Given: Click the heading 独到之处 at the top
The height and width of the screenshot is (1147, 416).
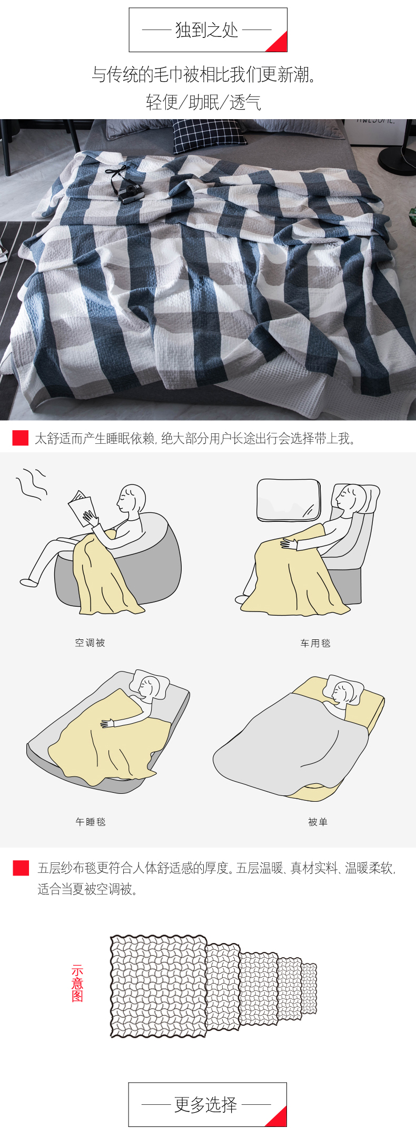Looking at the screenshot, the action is [207, 30].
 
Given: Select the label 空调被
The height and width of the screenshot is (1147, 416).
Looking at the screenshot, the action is [90, 643].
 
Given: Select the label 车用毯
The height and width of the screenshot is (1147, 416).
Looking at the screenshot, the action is [315, 643].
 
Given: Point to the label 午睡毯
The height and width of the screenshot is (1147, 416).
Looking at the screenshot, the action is [91, 822].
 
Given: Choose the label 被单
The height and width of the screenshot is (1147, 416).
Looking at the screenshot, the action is [318, 822].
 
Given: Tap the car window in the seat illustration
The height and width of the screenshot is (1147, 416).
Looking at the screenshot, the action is [288, 500].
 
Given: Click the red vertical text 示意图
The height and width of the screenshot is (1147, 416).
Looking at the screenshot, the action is [77, 983].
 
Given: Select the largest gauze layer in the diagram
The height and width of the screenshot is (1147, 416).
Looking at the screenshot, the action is [158, 986].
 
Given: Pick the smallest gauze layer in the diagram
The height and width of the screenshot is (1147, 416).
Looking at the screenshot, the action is [309, 988].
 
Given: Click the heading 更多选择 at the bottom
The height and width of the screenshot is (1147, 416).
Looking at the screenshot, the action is [206, 1105].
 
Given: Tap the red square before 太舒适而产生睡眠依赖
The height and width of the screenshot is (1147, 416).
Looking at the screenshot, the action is [21, 438].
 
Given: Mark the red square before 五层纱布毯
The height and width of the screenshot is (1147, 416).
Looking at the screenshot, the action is [21, 868].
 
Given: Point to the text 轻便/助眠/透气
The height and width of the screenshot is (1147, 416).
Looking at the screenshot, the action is [204, 102].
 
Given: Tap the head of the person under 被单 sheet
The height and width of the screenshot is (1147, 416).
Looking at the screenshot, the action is [343, 693].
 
